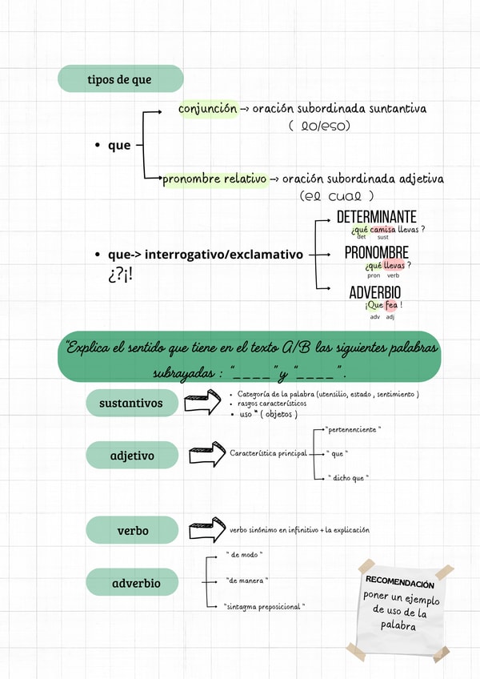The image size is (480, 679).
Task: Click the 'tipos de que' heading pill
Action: pos(120,79)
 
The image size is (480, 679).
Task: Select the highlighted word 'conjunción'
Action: pos(208,107)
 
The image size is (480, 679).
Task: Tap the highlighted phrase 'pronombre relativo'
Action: pos(214,179)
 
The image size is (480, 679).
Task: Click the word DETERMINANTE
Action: pos(376,218)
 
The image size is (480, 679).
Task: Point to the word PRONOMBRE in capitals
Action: pos(376,253)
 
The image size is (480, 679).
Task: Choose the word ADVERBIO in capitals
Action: pos(375,292)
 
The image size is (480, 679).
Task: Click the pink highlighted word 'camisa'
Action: pos(383,230)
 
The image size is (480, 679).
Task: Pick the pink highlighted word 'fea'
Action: pos(391,305)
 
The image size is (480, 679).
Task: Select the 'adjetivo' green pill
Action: pos(132,456)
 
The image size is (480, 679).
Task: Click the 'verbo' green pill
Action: pos(132,530)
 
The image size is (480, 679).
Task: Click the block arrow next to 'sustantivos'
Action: pos(202,402)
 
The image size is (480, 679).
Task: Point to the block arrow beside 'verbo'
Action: pos(206,529)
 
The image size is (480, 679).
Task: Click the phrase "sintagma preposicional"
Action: pos(264,607)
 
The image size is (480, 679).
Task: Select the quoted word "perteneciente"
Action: pos(353,430)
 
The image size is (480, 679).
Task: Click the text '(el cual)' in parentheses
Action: pos(337,196)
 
